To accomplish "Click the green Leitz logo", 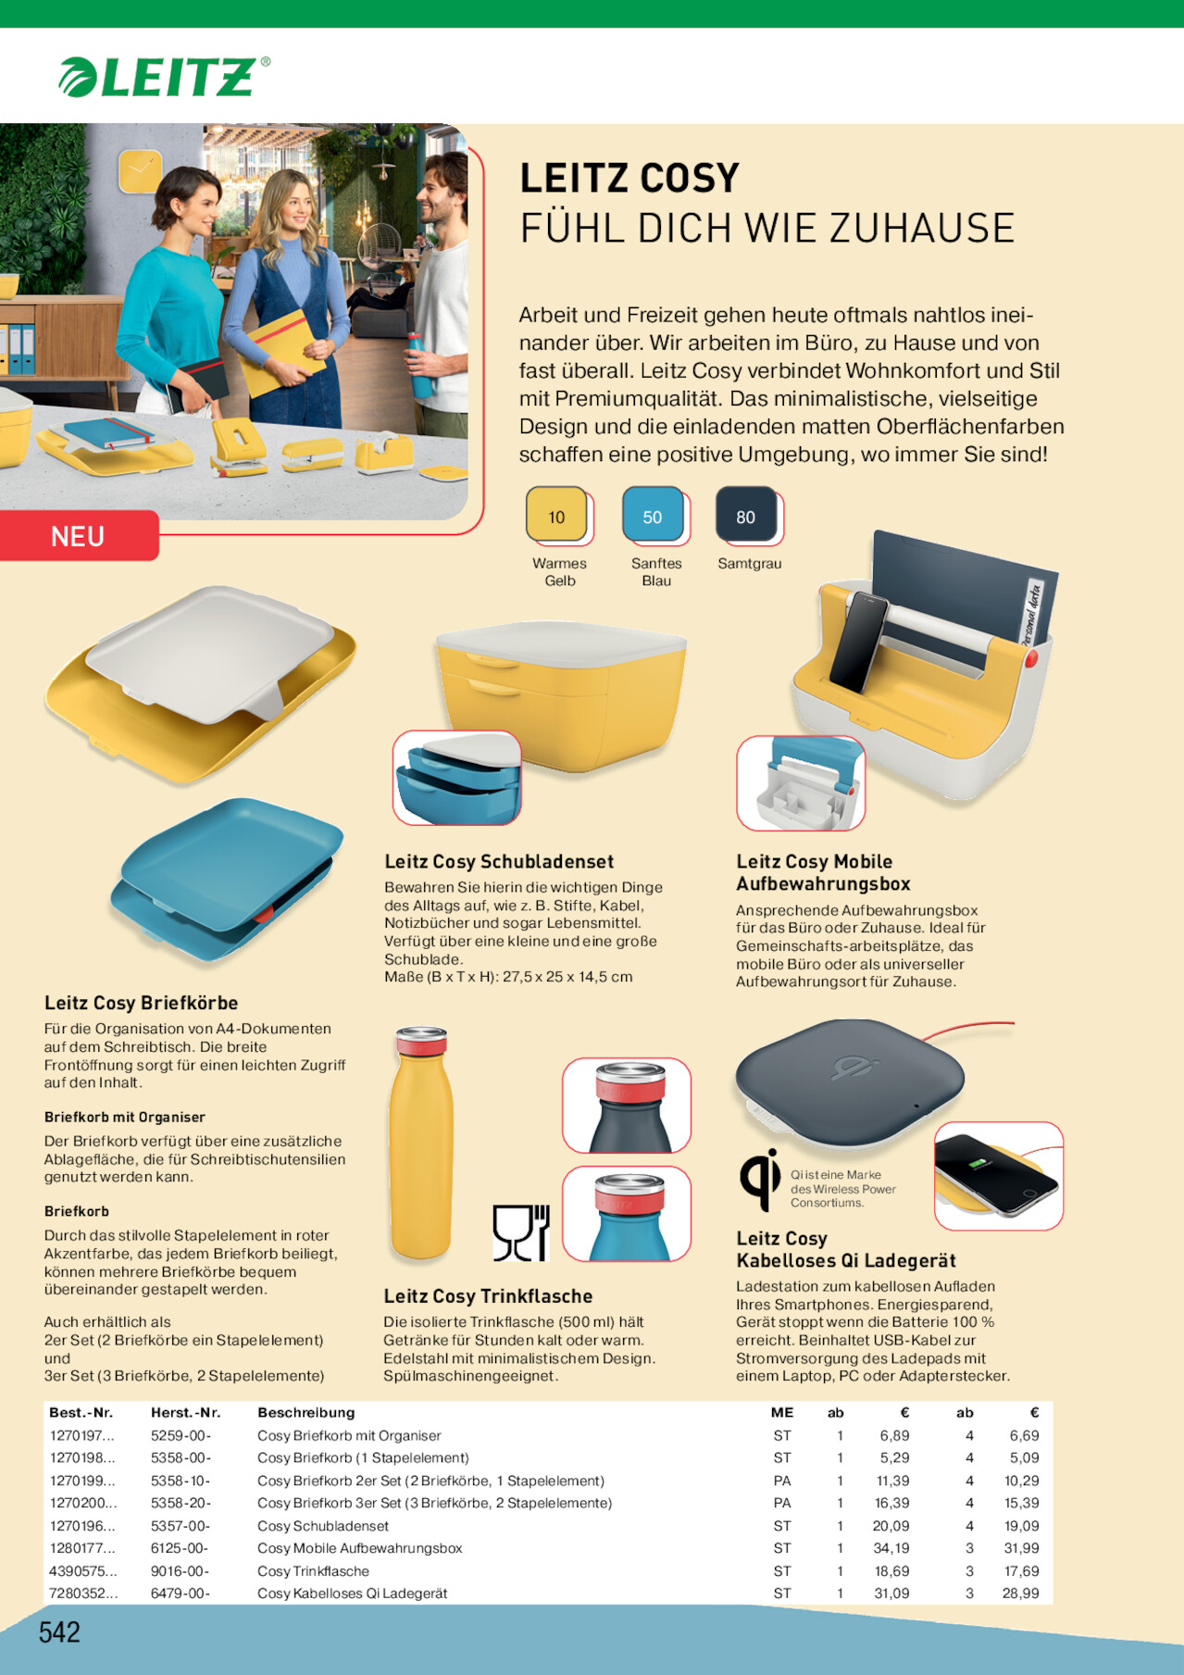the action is (x=164, y=77).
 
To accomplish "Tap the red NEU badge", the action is (x=79, y=536).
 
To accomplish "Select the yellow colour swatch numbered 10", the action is (x=556, y=515).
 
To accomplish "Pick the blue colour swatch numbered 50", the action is (x=653, y=515).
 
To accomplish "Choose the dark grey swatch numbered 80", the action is (x=746, y=515).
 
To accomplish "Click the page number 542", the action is (x=59, y=1631).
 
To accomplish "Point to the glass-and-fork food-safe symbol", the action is (x=521, y=1232).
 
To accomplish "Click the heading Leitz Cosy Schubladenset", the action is (x=499, y=862).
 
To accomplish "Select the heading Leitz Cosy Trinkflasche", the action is (x=488, y=1296).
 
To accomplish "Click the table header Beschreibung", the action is (x=306, y=1412).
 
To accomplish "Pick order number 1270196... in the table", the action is (x=82, y=1526).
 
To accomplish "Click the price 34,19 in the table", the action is (x=891, y=1548).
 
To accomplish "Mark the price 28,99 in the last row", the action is (x=1020, y=1594).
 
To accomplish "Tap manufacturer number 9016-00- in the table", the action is (x=181, y=1571).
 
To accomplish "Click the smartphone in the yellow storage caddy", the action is (x=858, y=642).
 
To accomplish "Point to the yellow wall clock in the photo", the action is (x=140, y=172).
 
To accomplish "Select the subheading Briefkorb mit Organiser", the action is (x=125, y=1118).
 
